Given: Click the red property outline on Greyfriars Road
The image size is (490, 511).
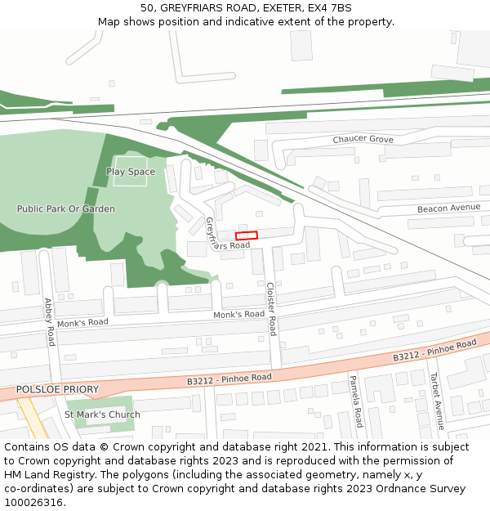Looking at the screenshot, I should pyautogui.click(x=247, y=235).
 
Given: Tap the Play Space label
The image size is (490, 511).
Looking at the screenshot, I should pyautogui.click(x=131, y=172).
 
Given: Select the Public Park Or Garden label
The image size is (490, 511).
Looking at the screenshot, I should pyautogui.click(x=66, y=208).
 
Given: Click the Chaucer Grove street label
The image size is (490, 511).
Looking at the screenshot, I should pyautogui.click(x=363, y=140).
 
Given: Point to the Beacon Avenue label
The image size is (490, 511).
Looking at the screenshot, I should pyautogui.click(x=448, y=208).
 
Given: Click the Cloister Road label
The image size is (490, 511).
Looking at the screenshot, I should pyautogui.click(x=272, y=309).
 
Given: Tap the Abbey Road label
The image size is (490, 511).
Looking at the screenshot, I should pyautogui.click(x=50, y=320).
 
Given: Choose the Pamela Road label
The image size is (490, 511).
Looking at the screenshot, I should pyautogui.click(x=355, y=401).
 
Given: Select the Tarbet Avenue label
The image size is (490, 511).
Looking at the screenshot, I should pyautogui.click(x=437, y=401).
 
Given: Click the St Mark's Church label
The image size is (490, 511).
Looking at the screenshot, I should pyautogui.click(x=102, y=415).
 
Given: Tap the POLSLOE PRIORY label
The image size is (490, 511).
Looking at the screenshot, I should pyautogui.click(x=57, y=389).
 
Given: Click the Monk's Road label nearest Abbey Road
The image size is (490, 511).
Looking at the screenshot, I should pyautogui.click(x=82, y=322).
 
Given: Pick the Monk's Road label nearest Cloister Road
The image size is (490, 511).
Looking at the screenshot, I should pyautogui.click(x=238, y=315).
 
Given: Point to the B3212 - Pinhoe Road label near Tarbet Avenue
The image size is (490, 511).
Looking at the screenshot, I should pyautogui.click(x=434, y=351).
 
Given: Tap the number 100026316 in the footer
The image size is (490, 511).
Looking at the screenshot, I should pyautogui.click(x=33, y=503).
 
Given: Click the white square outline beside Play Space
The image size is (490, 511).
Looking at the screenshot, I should pyautogui.click(x=130, y=171).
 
